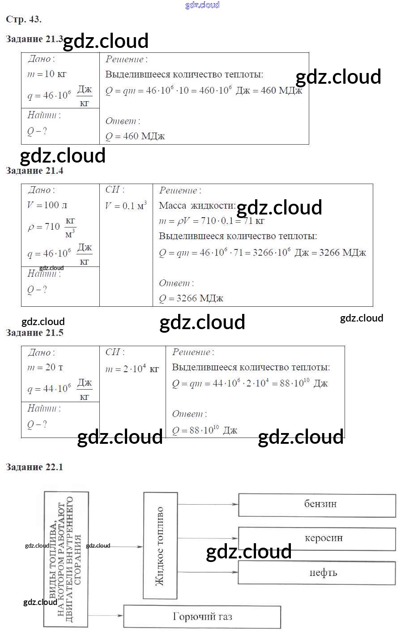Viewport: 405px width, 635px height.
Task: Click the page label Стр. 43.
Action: [x=24, y=19]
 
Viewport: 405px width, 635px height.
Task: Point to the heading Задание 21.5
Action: [x=34, y=333]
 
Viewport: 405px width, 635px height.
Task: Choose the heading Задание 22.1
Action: [x=34, y=467]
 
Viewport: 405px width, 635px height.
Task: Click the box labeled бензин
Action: [x=317, y=505]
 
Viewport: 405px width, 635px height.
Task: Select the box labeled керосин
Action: [x=317, y=539]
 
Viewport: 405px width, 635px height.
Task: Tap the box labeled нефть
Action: [x=317, y=572]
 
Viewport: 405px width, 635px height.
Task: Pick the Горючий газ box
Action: [x=202, y=617]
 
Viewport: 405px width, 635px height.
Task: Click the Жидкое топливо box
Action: [x=160, y=545]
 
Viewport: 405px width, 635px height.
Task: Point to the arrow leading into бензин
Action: [x=208, y=504]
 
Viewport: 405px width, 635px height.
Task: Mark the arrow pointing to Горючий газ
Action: [x=106, y=616]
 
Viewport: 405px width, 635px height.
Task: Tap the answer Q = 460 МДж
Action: [x=135, y=136]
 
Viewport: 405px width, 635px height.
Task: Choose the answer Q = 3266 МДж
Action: [x=191, y=298]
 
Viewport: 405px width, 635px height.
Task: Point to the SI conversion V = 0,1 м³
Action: [x=126, y=206]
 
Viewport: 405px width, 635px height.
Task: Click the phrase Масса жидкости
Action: [x=197, y=206]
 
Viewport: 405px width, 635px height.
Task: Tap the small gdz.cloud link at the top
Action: [x=202, y=5]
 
